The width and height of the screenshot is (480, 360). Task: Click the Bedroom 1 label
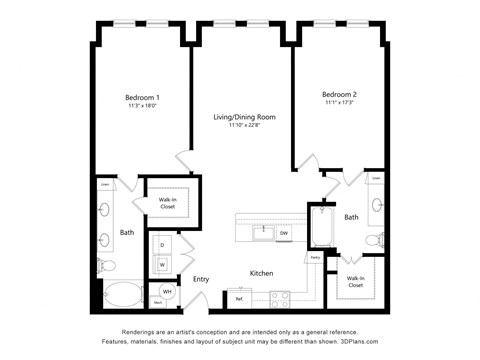click(x=142, y=97)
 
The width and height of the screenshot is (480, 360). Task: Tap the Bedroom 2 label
click(x=340, y=95)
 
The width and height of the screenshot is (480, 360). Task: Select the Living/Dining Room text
click(x=245, y=117)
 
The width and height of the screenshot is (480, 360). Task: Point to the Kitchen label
click(x=261, y=273)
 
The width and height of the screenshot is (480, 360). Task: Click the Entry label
click(x=201, y=279)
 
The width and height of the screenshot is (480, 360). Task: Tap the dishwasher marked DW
click(x=284, y=233)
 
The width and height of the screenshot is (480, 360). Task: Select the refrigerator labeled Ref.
click(x=240, y=297)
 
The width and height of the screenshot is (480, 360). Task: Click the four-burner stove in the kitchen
click(x=280, y=296)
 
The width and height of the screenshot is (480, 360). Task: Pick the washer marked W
click(x=162, y=264)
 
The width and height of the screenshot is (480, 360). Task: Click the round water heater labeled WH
click(x=167, y=293)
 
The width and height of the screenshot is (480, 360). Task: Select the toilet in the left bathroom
click(x=106, y=267)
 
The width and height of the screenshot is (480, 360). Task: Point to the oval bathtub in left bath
click(x=124, y=295)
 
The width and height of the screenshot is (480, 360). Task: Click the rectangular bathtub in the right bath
click(x=323, y=228)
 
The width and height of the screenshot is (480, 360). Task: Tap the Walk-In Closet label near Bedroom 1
click(x=167, y=203)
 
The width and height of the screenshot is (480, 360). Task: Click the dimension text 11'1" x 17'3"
click(x=340, y=103)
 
